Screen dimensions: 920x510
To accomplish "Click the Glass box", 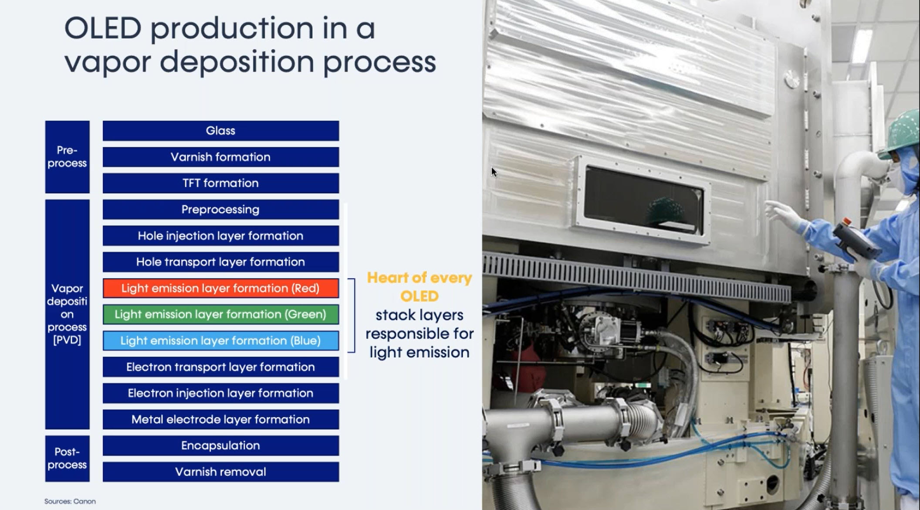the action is click(221, 131).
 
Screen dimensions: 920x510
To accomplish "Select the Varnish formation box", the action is click(221, 157).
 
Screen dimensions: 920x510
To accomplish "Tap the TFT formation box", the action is click(221, 183).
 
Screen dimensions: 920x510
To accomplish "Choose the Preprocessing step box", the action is click(221, 210).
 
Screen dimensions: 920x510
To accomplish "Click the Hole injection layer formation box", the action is click(221, 236).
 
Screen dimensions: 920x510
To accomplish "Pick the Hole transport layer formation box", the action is click(221, 262).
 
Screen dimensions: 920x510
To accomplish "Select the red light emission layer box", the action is click(221, 288).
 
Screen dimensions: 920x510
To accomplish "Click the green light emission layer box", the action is click(221, 314).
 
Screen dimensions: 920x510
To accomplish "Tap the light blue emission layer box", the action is click(221, 341).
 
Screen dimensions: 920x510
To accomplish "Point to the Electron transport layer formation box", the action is click(221, 367).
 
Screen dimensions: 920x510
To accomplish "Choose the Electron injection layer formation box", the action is click(221, 393).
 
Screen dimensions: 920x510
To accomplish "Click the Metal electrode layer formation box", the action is click(221, 419).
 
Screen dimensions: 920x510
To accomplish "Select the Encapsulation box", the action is click(221, 445).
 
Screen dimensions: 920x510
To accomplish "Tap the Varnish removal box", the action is click(221, 472).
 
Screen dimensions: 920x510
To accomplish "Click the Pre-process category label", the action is click(67, 157).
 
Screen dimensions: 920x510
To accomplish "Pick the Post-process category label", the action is click(67, 459).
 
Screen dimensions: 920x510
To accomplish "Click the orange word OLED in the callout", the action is click(419, 296).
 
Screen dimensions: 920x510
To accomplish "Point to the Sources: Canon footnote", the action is click(70, 501).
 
